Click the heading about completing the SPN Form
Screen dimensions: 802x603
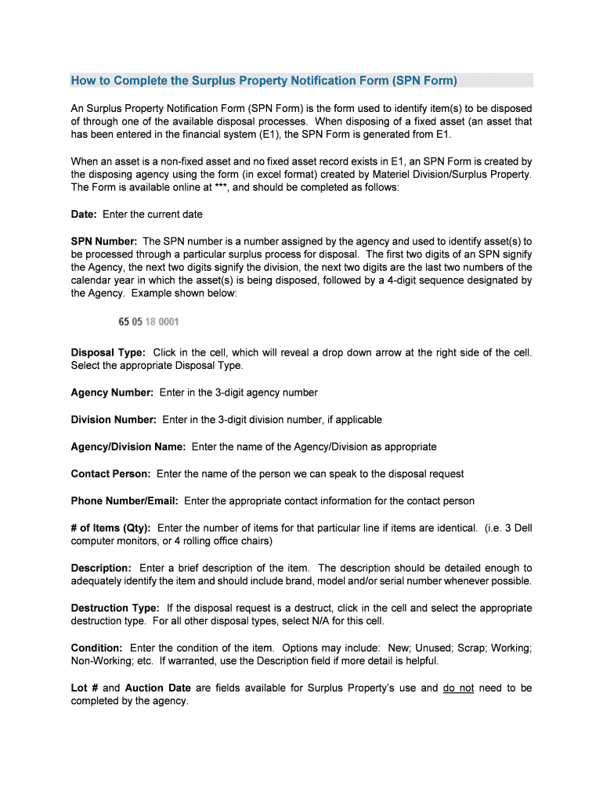[264, 81]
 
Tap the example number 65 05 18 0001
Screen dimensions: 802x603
[149, 322]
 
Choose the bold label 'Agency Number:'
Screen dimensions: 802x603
[112, 392]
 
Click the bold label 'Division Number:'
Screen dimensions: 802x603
[114, 420]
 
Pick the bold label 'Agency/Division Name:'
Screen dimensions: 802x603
[128, 446]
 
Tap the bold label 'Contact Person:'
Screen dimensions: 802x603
[110, 474]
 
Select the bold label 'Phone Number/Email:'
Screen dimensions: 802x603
[125, 501]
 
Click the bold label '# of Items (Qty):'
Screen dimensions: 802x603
[111, 528]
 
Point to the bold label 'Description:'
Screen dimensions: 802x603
[101, 568]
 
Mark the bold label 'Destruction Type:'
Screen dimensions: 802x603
[115, 609]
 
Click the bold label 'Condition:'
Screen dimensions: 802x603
[96, 648]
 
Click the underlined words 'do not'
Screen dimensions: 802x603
[458, 688]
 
